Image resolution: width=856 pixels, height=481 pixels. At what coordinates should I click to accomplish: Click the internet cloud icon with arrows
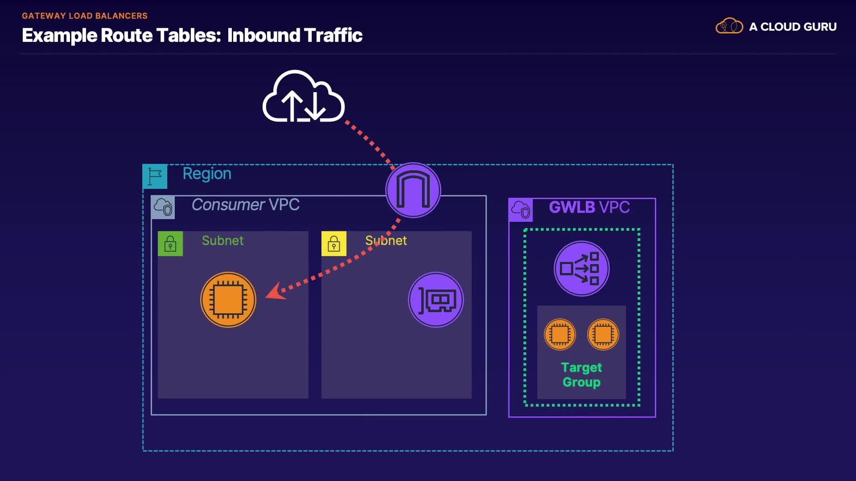click(304, 98)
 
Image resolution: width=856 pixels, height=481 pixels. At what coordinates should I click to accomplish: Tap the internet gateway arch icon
click(413, 190)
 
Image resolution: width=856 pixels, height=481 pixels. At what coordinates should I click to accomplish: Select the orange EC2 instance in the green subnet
click(228, 300)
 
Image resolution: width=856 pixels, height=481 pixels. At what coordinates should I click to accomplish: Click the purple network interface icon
click(436, 300)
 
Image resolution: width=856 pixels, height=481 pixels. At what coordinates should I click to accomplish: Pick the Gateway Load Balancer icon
click(581, 269)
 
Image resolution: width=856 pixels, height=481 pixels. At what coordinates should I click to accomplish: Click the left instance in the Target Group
click(560, 334)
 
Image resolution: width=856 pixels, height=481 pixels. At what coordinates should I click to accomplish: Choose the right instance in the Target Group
click(603, 334)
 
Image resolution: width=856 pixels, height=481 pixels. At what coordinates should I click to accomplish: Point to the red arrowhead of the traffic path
click(274, 292)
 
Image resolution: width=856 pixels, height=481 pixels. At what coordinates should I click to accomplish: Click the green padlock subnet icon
click(170, 244)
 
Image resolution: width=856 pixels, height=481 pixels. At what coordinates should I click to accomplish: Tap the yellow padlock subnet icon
click(334, 244)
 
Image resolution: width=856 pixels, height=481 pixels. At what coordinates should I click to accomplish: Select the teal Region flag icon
click(155, 176)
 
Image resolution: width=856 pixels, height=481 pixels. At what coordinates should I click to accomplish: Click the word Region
click(207, 174)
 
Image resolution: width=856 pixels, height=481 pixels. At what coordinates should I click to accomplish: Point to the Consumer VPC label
click(245, 205)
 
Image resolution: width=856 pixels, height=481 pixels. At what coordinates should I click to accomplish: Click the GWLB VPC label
click(589, 207)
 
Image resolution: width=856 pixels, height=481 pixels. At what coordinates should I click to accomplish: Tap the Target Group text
click(581, 375)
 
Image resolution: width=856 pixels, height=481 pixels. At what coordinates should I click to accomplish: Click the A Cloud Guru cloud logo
click(729, 26)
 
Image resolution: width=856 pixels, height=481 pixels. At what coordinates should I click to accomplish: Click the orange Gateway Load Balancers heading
click(85, 16)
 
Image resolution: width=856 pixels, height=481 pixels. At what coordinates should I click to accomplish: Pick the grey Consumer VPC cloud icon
click(163, 207)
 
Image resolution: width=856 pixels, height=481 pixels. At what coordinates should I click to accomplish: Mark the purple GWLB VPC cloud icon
click(521, 210)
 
